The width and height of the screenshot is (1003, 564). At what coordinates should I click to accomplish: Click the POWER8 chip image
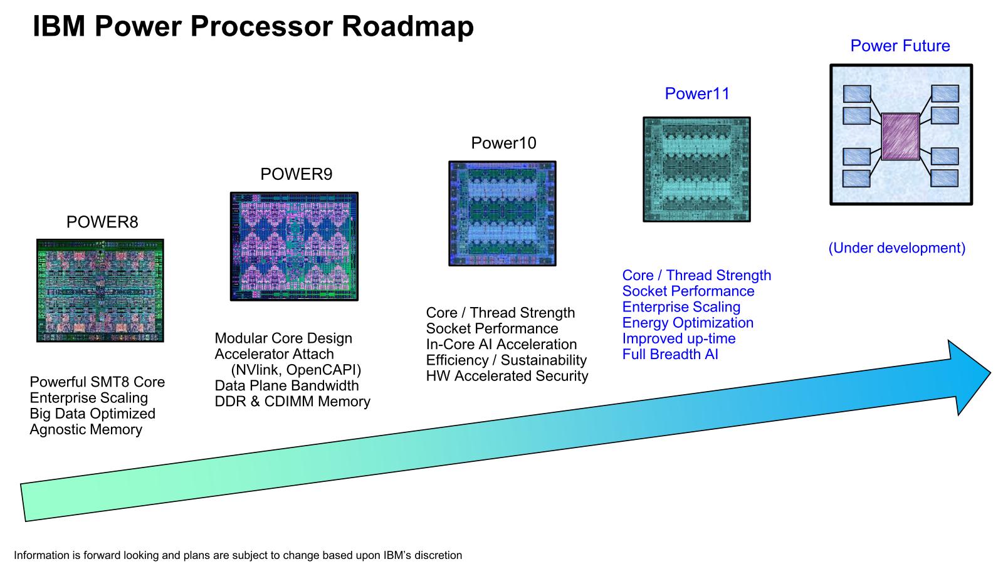100,291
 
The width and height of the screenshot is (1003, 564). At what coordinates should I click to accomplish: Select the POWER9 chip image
294,247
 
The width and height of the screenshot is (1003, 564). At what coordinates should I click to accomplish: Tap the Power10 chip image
502,214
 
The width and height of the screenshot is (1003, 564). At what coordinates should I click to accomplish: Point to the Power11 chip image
696,169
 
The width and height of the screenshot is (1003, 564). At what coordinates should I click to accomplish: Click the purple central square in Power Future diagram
900,137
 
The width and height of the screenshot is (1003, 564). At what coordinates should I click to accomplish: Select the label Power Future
900,46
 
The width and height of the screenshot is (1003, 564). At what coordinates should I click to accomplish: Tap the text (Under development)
896,248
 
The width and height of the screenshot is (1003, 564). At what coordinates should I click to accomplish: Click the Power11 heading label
697,94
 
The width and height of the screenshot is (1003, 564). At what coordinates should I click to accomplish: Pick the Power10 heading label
503,144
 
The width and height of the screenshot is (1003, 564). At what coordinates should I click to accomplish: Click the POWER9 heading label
296,174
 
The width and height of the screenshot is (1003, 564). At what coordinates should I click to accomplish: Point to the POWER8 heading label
102,222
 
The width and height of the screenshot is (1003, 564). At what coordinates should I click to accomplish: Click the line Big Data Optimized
92,414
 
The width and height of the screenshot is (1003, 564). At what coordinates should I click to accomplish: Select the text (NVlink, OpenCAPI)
296,370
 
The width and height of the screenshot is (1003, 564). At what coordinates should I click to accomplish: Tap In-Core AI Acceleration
501,345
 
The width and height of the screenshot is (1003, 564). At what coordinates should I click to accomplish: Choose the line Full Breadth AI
670,355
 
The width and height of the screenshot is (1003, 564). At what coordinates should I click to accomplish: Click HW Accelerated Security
507,376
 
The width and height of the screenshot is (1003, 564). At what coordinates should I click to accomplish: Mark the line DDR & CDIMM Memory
292,402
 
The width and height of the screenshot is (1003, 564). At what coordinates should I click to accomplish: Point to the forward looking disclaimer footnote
238,555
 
